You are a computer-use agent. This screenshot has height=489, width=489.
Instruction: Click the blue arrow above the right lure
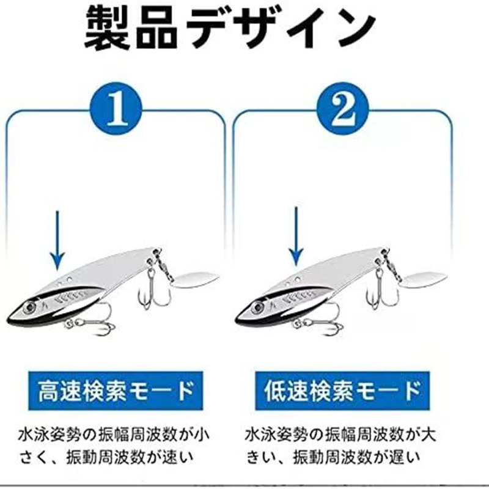point(296,238)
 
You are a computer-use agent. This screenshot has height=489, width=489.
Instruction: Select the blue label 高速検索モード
point(115,389)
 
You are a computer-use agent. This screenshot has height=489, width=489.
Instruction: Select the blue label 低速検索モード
point(343,389)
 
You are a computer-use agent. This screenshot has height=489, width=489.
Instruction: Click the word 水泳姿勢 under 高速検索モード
point(51,435)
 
